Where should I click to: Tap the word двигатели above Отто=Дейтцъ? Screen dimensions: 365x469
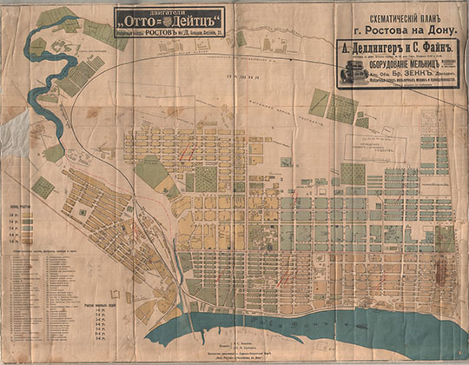(x=168, y=8)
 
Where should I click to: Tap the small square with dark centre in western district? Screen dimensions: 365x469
(x=79, y=211)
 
